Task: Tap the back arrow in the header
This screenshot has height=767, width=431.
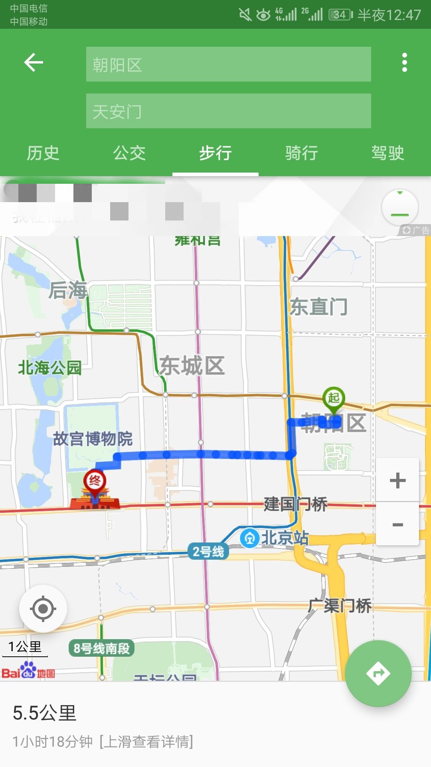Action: pos(34,63)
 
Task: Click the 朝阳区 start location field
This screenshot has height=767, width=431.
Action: pos(228,64)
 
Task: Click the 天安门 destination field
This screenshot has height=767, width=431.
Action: pos(228,111)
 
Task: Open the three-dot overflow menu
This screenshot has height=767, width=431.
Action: pos(405,63)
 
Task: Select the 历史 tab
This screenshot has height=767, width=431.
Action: pos(43,153)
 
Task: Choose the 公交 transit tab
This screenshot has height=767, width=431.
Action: pos(129,153)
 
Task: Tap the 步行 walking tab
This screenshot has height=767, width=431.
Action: pos(215,153)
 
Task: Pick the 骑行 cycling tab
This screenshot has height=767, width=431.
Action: pos(302,153)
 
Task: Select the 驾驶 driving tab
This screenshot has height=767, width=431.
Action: pos(388,153)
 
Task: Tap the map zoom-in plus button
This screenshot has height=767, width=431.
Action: pos(397,480)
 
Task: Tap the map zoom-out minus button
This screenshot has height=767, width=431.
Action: pos(397,524)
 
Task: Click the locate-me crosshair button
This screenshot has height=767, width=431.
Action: pos(43,609)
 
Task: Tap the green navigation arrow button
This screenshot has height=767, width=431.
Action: pos(378,674)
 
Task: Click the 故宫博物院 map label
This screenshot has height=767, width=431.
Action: pos(93,439)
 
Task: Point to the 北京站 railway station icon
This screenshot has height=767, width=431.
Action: pos(250,538)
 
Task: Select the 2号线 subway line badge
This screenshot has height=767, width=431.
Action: pos(208,552)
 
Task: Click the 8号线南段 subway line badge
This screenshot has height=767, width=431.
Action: pos(101,648)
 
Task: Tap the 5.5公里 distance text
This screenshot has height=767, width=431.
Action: pos(45,713)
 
